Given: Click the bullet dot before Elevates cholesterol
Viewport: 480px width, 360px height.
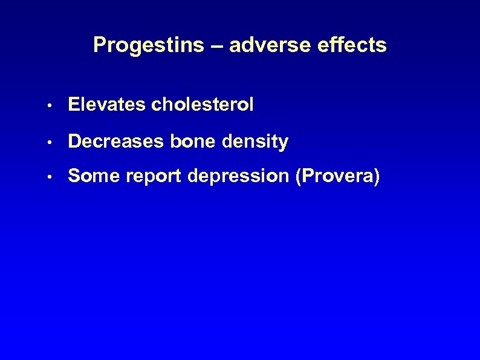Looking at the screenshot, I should pos(54,105).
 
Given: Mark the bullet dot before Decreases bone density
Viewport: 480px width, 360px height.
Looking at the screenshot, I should pos(54,142).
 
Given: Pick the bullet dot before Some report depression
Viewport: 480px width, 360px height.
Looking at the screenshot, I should pos(54,177).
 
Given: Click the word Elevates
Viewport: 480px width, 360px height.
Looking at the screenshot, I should pos(108,105).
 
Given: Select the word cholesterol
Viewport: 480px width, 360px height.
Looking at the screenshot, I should pos(203,105).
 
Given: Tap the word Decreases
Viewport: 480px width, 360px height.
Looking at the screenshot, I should pos(117,142).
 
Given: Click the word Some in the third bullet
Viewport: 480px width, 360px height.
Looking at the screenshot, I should pos(90,176).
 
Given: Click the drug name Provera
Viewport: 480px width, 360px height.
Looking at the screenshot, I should pos(337,176).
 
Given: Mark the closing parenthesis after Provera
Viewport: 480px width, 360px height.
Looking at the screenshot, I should pos(377,177).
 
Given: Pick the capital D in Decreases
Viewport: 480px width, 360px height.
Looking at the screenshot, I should pos(74,142).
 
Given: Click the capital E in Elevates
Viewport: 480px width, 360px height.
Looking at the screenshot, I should pos(74,105).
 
